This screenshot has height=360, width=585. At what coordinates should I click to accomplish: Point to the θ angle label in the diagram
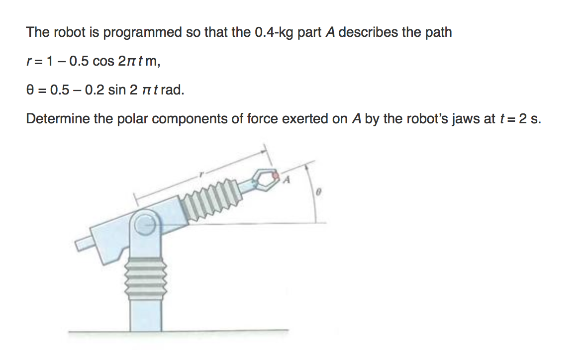(321, 192)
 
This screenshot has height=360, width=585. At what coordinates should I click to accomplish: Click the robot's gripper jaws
(264, 180)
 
